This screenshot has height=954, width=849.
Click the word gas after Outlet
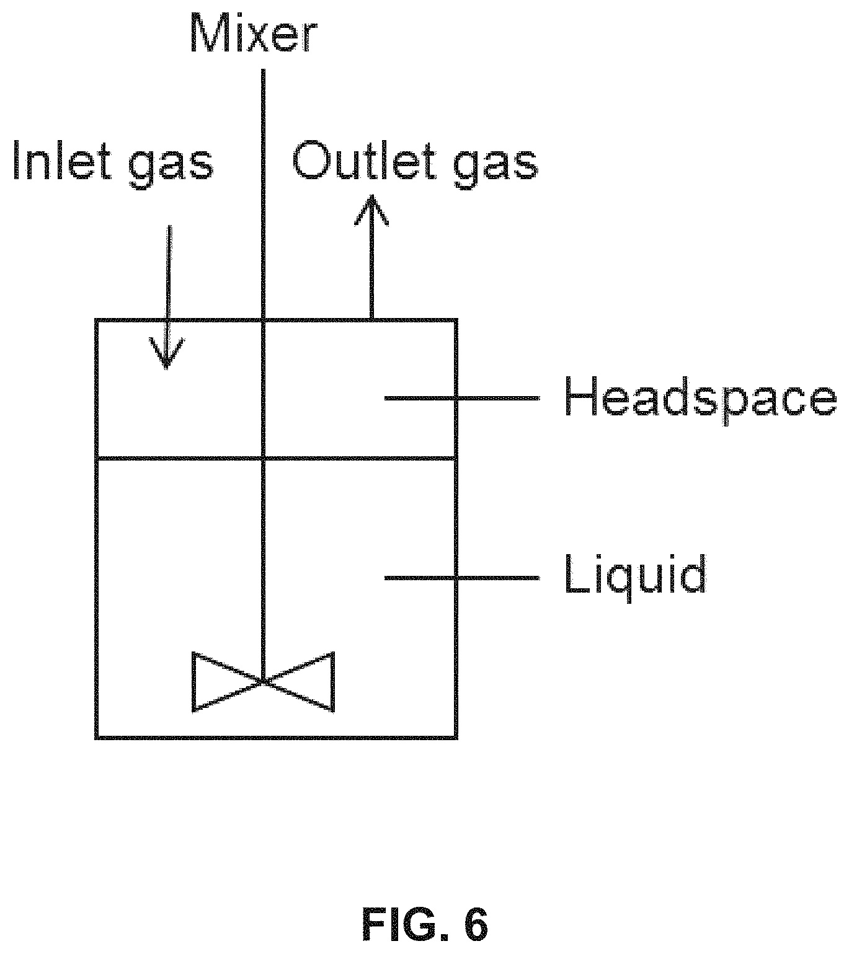495,166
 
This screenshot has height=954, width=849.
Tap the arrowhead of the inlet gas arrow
166,353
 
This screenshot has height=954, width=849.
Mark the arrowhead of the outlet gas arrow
371,210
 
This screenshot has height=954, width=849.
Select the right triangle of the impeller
299,681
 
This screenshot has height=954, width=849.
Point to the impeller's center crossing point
264,681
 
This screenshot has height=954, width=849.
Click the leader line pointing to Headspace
462,399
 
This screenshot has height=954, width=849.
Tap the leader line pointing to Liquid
462,578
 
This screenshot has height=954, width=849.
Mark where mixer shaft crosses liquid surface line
264,457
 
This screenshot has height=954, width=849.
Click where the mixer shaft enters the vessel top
264,320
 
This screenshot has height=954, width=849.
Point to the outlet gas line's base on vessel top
371,320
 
